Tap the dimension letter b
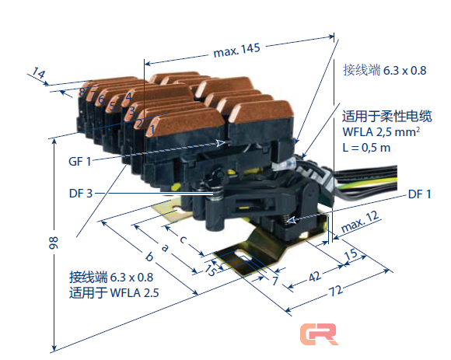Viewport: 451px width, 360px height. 149,255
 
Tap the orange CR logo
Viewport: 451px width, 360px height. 320,334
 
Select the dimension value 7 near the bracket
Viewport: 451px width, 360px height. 274,278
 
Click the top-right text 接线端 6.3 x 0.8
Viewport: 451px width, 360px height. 385,71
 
